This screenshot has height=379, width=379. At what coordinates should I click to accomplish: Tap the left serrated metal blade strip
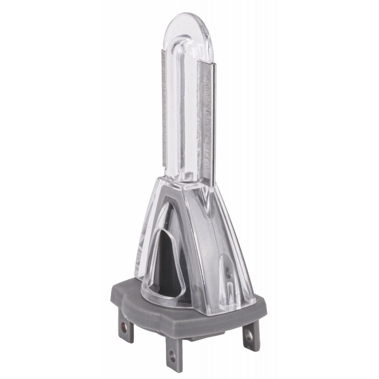click(163, 114)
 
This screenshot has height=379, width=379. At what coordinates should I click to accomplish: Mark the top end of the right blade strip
click(207, 61)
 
